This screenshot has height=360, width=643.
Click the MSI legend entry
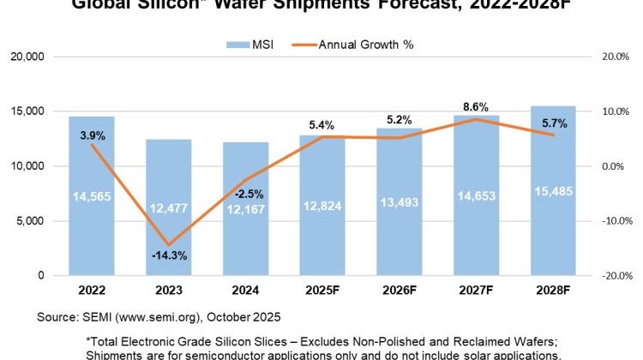(x=249, y=42)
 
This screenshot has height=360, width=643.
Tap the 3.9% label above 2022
(x=92, y=135)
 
